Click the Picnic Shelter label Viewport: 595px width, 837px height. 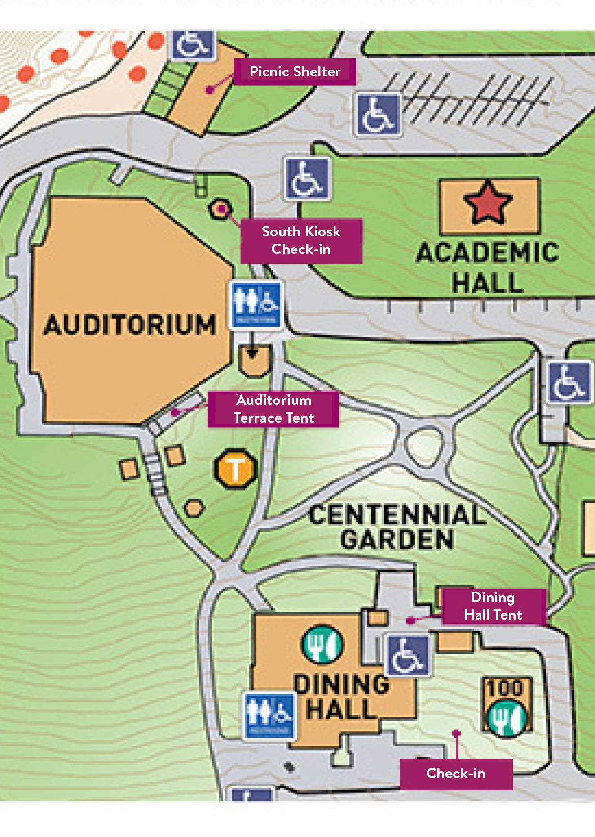[x=295, y=71]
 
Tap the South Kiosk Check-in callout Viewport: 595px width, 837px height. [x=301, y=240]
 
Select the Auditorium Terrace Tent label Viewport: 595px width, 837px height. [x=273, y=409]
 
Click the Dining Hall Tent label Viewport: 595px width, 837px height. [x=493, y=606]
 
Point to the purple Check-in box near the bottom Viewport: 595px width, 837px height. [x=455, y=774]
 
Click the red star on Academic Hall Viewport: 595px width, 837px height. [x=488, y=203]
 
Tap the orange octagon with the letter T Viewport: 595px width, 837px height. [x=235, y=469]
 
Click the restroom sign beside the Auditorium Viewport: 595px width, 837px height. [x=256, y=304]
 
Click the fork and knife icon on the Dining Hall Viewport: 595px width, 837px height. [x=322, y=644]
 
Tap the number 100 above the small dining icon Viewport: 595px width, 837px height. [x=506, y=688]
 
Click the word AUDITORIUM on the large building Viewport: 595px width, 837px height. [x=130, y=325]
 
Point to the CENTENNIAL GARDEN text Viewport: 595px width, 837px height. [x=397, y=527]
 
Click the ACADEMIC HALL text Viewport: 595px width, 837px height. [x=488, y=268]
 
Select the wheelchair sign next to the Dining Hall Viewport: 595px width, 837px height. [x=408, y=655]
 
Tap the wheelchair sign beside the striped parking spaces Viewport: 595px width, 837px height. [x=378, y=114]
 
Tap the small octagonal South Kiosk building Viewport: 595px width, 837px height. [x=220, y=208]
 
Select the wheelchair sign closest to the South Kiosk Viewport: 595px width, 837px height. [x=307, y=178]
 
